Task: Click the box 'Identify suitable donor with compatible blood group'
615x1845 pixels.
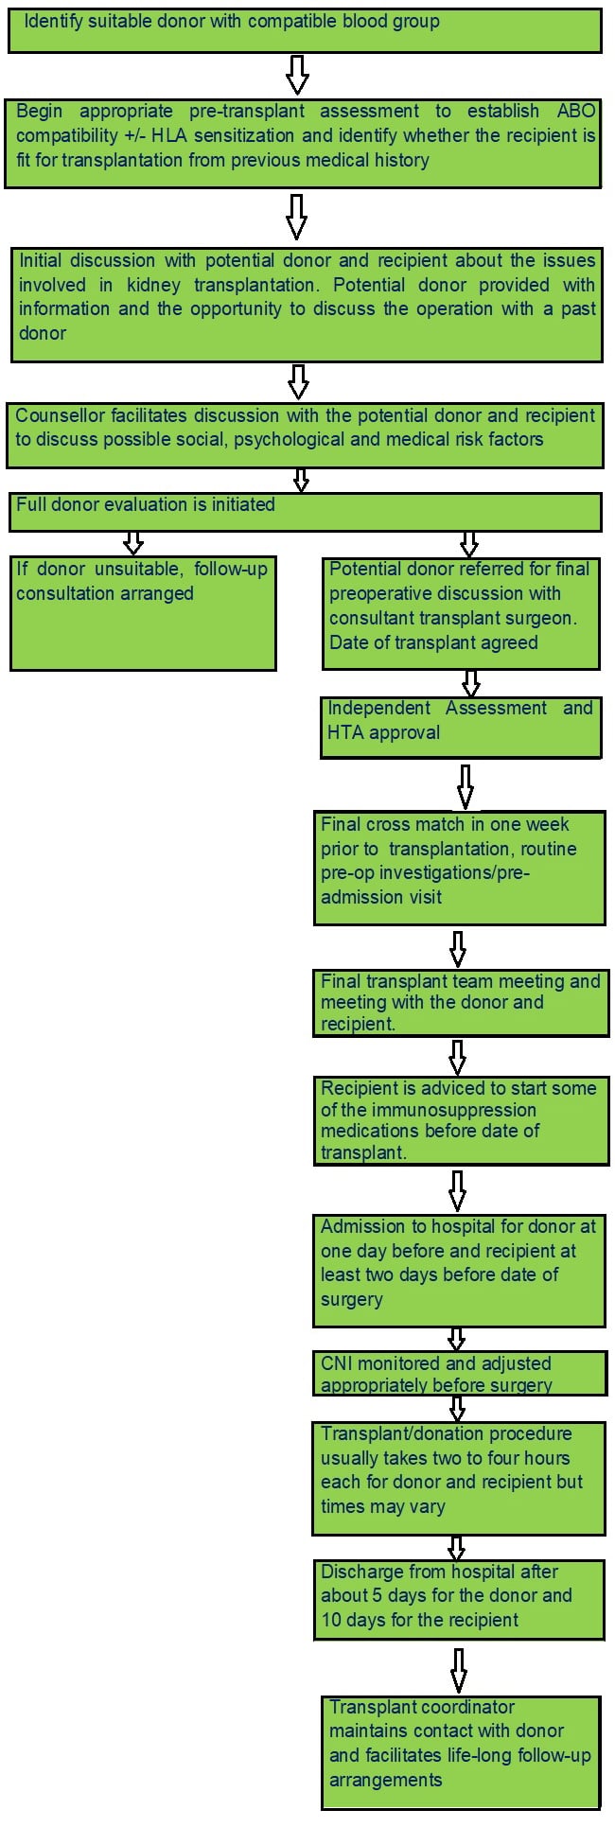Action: click(305, 30)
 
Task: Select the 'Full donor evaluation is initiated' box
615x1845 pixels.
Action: click(305, 512)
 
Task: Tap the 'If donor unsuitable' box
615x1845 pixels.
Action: click(143, 613)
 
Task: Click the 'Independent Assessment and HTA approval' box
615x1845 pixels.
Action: click(461, 728)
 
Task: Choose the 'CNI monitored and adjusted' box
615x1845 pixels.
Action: click(460, 1374)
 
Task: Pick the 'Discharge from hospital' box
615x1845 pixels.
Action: click(459, 1599)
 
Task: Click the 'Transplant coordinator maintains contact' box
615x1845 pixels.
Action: click(461, 1753)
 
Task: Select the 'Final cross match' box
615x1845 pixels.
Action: click(460, 868)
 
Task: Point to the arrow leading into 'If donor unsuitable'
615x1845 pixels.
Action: click(133, 542)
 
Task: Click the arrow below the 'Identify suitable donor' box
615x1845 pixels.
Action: click(297, 75)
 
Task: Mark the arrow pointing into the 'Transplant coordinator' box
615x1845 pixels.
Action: click(459, 1670)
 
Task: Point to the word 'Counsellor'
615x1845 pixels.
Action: click(60, 415)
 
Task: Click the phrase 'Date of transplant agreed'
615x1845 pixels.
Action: click(433, 642)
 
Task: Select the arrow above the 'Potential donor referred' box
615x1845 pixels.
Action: click(468, 544)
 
